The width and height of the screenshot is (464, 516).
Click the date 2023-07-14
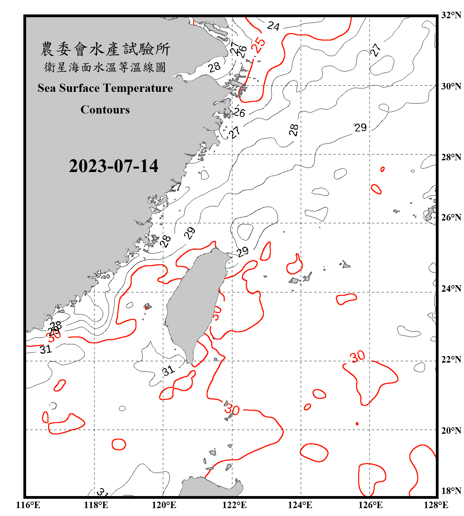pyautogui.click(x=113, y=166)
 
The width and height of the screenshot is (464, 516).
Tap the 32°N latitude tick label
pyautogui.click(x=451, y=15)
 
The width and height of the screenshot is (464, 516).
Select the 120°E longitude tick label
pyautogui.click(x=164, y=505)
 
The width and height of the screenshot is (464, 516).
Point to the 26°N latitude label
pyautogui.click(x=451, y=217)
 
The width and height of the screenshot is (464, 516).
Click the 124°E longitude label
pyautogui.click(x=300, y=505)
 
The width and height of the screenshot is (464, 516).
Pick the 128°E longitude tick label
pyautogui.click(x=436, y=505)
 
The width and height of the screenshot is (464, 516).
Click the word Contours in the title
pyautogui.click(x=105, y=110)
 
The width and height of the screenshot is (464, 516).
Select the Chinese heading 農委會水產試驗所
pyautogui.click(x=105, y=49)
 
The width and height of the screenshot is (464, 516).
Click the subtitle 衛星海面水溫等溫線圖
pyautogui.click(x=105, y=67)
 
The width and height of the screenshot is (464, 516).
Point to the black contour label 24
pyautogui.click(x=273, y=26)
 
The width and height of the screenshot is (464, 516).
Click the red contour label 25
pyautogui.click(x=258, y=44)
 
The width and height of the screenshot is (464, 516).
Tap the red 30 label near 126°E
pyautogui.click(x=357, y=356)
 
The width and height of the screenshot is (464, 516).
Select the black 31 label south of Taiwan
pyautogui.click(x=168, y=370)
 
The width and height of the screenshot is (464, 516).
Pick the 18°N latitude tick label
pyautogui.click(x=451, y=491)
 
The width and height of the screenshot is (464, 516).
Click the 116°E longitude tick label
pyautogui.click(x=28, y=505)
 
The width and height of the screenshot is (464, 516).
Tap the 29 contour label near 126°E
pyautogui.click(x=361, y=128)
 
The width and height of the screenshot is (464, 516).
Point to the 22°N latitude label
pyautogui.click(x=451, y=359)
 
